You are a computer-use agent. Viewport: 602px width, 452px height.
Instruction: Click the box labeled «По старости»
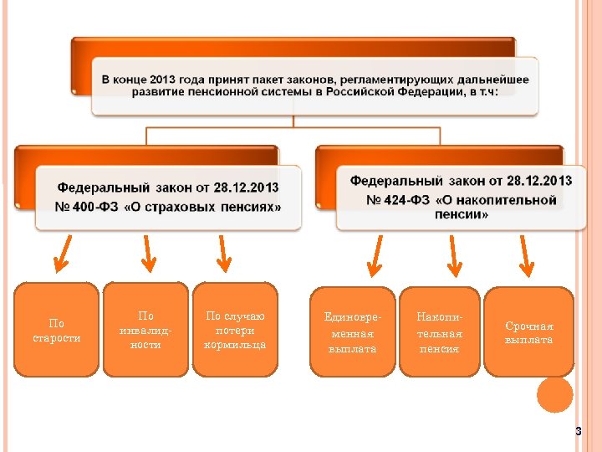[57, 330]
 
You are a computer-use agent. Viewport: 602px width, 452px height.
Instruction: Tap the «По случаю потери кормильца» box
[235, 330]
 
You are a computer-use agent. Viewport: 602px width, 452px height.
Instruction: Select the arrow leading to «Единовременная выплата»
[375, 255]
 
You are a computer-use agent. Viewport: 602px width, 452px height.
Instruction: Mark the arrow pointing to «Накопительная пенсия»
[453, 255]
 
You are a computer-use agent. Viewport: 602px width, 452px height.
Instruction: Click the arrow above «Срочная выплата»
[524, 255]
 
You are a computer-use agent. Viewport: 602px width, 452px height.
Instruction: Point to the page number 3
[577, 431]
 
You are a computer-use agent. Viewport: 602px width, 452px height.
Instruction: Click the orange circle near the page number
[554, 394]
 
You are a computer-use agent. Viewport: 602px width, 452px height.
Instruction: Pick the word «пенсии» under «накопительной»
[462, 214]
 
